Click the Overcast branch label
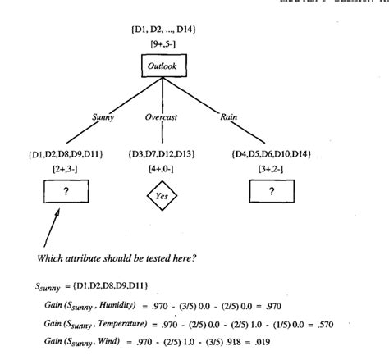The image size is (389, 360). coord(162,117)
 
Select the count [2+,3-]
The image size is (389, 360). coord(65,167)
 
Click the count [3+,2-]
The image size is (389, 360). coord(272,167)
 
